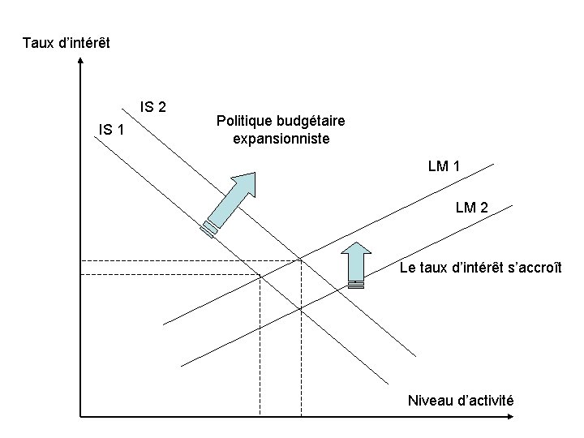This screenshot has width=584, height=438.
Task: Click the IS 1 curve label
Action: pyautogui.click(x=111, y=129)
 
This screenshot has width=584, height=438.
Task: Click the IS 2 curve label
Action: pyautogui.click(x=153, y=106)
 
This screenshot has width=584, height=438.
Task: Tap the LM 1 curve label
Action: pyautogui.click(x=444, y=167)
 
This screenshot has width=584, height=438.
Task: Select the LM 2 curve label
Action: pyautogui.click(x=471, y=208)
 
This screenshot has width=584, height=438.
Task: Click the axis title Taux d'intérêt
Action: pyautogui.click(x=67, y=41)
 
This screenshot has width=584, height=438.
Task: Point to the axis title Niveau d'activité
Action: pyautogui.click(x=461, y=401)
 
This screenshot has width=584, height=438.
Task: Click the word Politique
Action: pyautogui.click(x=245, y=121)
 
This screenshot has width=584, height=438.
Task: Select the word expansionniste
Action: pyautogui.click(x=281, y=139)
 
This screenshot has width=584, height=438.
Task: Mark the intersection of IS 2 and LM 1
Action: pyautogui.click(x=300, y=260)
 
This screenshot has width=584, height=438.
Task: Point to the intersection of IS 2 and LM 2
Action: pyautogui.click(x=300, y=309)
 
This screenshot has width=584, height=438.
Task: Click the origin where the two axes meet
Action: pyautogui.click(x=79, y=418)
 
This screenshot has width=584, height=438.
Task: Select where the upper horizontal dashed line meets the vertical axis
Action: pyautogui.click(x=79, y=260)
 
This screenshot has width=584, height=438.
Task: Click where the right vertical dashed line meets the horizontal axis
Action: pyautogui.click(x=300, y=418)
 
